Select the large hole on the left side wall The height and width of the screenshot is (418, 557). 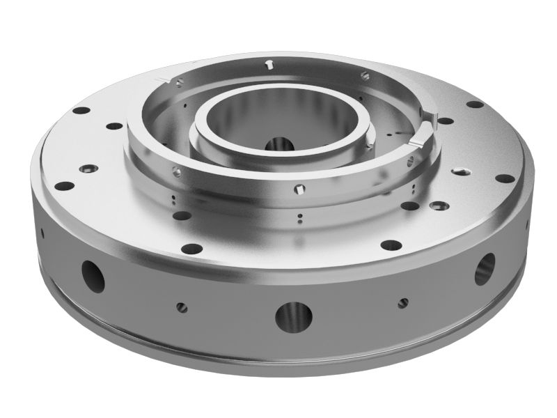pos(93,275)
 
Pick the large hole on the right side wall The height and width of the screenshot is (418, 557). pos(485,268)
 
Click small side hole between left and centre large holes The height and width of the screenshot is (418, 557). pos(182,307)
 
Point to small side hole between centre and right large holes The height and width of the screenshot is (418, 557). pos(402,302)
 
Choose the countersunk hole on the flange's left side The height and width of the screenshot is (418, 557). pos(89,169)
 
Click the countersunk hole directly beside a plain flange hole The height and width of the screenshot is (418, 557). pos(439,206)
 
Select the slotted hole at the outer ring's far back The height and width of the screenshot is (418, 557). pos(269,65)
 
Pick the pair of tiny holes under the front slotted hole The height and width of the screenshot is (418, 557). pos(299,219)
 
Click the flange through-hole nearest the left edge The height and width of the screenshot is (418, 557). pos(65,186)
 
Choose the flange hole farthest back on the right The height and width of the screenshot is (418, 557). pos(475,104)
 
